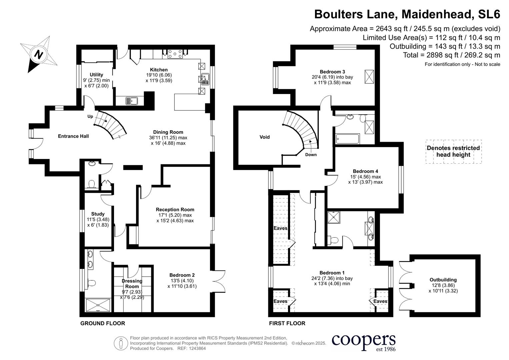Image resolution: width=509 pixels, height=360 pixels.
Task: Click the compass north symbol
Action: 39,54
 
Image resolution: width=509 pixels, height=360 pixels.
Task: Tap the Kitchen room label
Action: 159,70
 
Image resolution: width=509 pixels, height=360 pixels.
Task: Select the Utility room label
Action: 96,75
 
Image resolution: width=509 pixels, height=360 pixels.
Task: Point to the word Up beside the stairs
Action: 90,116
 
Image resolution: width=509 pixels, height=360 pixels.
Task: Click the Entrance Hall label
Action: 73,136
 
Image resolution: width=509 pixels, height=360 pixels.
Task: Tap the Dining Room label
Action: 168,132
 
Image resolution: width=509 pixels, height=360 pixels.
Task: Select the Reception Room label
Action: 175,210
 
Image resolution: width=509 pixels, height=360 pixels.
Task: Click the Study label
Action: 98,214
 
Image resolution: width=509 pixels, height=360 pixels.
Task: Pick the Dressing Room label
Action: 132,284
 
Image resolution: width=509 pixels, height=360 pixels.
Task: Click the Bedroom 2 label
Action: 182,275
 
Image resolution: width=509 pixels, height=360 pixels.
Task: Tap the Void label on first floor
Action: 264,137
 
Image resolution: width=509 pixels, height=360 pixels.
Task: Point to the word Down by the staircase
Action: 311,155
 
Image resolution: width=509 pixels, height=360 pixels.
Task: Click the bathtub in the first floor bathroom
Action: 347,139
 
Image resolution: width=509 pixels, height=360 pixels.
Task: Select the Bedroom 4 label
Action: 365,171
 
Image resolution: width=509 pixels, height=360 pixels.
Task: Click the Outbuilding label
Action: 443,280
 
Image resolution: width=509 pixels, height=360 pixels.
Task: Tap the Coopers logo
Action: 363,342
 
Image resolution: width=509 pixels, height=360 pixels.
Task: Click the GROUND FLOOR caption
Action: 103,323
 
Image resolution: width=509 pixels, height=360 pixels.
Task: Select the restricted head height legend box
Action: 453,152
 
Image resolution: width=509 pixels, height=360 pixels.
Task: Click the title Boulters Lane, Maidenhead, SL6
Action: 407,14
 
